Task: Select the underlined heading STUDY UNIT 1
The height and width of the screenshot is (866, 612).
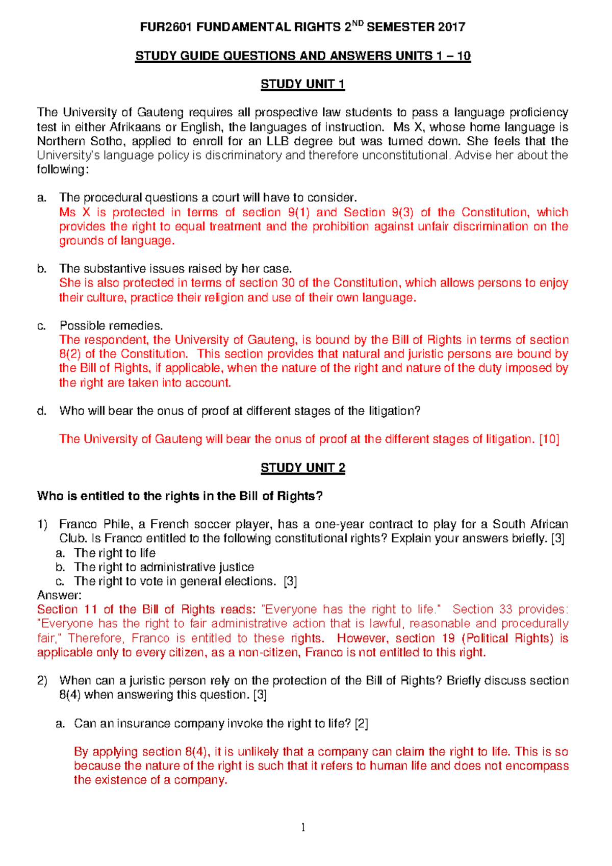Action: click(302, 84)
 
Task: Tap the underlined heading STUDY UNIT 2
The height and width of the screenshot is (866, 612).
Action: click(302, 468)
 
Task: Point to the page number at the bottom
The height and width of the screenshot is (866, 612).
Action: click(303, 827)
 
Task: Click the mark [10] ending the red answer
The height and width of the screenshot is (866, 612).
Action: click(549, 439)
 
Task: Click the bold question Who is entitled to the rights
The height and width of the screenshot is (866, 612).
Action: click(180, 496)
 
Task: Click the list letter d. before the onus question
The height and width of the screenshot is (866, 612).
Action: click(42, 411)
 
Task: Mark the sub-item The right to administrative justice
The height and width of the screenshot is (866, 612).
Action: click(164, 567)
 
